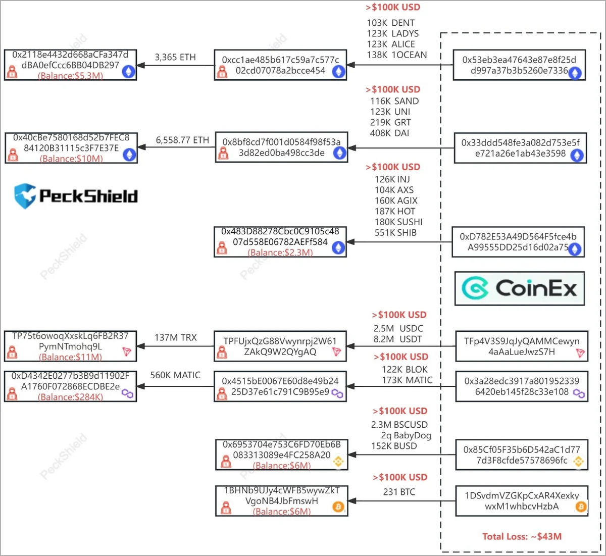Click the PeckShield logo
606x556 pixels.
(x=76, y=196)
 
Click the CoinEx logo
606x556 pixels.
(x=519, y=288)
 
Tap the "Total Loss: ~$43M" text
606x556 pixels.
(x=522, y=536)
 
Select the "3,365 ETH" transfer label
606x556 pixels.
(x=175, y=57)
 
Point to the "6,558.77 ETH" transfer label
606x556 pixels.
(x=182, y=140)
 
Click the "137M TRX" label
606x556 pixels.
(x=176, y=337)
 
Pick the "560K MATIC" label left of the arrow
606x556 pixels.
(x=175, y=375)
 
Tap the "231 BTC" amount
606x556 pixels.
(x=399, y=492)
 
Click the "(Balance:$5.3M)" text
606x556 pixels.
(x=70, y=76)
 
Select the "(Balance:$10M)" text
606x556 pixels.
(x=71, y=159)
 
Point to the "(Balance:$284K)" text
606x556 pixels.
(x=70, y=397)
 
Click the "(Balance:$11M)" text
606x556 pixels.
(x=70, y=357)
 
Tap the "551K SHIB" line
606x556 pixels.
(x=395, y=233)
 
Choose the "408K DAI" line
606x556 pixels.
(x=389, y=133)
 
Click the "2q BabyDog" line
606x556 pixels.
(x=406, y=435)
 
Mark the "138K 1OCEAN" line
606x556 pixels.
(x=396, y=55)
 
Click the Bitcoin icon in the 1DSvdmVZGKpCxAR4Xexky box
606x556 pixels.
(x=581, y=507)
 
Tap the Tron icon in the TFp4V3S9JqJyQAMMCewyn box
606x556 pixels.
(x=580, y=352)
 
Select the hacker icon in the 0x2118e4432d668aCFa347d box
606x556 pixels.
(x=12, y=72)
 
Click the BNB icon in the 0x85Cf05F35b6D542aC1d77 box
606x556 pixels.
(x=578, y=462)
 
